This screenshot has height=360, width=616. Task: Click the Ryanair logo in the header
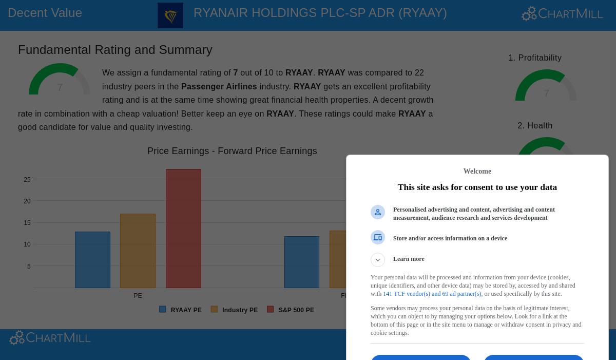(170, 15)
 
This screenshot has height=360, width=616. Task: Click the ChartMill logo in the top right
(562, 14)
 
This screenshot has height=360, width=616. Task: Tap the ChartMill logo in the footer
(50, 338)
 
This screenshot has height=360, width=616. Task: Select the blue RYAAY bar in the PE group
(92, 259)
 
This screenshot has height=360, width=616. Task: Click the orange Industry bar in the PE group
(138, 251)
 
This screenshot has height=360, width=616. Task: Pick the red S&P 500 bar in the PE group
(183, 229)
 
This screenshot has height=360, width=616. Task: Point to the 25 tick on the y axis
(27, 180)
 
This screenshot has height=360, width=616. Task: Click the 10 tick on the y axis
(27, 244)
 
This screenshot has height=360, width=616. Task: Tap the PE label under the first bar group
(138, 296)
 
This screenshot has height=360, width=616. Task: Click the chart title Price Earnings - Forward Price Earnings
(232, 151)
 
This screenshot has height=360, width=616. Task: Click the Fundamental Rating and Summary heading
(115, 50)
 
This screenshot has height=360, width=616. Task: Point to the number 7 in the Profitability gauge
(546, 93)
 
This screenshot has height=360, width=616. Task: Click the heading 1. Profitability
(535, 58)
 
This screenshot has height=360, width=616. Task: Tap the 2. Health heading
(535, 126)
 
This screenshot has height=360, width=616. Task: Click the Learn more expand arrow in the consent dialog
(378, 260)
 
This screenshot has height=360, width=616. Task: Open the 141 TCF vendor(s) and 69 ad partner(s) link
(432, 294)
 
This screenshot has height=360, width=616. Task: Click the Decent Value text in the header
(45, 13)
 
